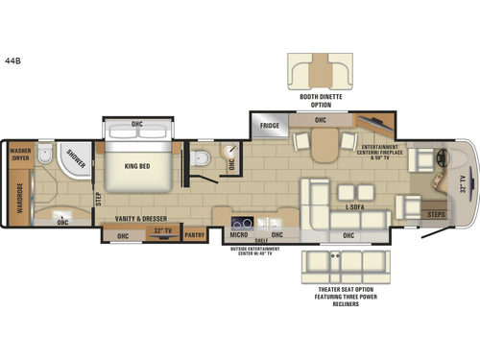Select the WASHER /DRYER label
pyautogui.click(x=19, y=155)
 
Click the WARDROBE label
pyautogui.click(x=20, y=196)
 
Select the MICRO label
pyautogui.click(x=238, y=233)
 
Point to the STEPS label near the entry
pyautogui.click(x=437, y=215)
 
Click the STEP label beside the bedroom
pyautogui.click(x=98, y=198)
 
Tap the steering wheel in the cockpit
pyautogui.click(x=443, y=159)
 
